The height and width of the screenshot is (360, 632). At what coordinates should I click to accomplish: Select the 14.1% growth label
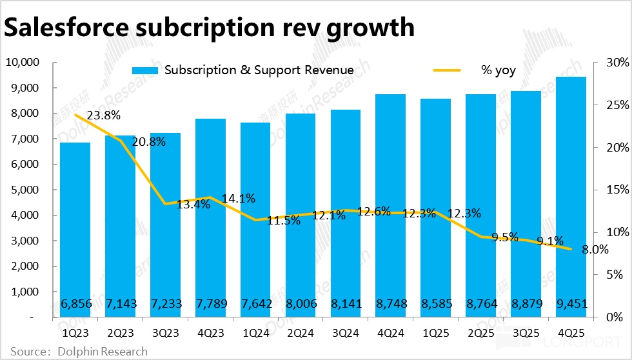pyautogui.click(x=239, y=198)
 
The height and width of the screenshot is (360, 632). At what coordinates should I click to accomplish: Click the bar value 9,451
pyautogui.click(x=571, y=304)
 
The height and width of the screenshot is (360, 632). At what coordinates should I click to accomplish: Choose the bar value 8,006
pyautogui.click(x=301, y=304)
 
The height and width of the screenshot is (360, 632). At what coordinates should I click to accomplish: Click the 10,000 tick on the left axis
pyautogui.click(x=23, y=63)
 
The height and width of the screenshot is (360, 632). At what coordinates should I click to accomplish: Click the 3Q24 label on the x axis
pyautogui.click(x=346, y=334)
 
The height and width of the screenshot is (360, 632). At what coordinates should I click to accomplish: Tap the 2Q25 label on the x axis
pyautogui.click(x=481, y=334)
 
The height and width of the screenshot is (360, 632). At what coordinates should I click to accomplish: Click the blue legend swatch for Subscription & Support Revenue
pyautogui.click(x=145, y=70)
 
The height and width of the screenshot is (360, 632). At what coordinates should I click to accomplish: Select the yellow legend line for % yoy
pyautogui.click(x=448, y=70)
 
